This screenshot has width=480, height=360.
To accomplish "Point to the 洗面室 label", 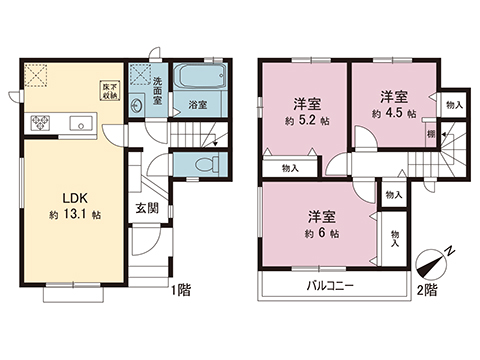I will click(158, 82).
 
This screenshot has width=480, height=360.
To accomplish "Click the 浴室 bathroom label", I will click(196, 103).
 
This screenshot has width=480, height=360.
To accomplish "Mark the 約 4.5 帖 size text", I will click(393, 113).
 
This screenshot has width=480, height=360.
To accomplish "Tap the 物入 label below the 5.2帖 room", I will click(288, 168).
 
